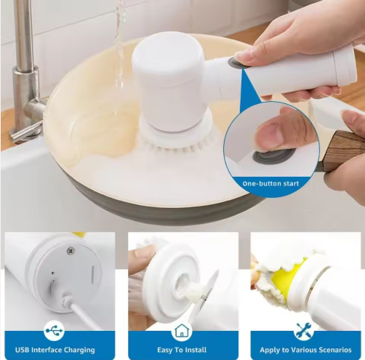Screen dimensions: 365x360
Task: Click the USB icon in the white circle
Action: [54, 330]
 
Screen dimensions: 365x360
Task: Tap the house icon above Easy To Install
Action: [182, 330]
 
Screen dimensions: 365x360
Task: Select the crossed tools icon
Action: [304, 331]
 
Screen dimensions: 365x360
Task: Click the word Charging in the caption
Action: [79, 350]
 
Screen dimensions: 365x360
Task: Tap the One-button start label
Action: [270, 183]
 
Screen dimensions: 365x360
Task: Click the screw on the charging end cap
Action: [71, 251]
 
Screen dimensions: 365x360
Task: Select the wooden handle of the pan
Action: [344, 151]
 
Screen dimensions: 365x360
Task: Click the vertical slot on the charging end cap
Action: [93, 275]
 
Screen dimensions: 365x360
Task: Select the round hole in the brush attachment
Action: [183, 283]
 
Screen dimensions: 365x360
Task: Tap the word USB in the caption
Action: [23, 350]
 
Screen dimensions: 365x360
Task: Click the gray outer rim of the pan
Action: [155, 206]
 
